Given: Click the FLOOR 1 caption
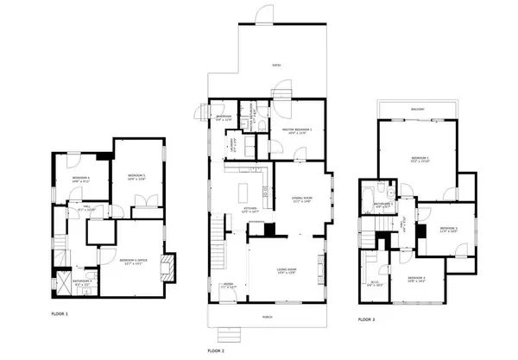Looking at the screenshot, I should tap(60, 313).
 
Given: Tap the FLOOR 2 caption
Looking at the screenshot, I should tap(216, 351).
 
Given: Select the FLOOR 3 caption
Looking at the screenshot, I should tap(367, 319).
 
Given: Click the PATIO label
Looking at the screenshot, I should tap(276, 65).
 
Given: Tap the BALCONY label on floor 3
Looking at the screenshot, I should tap(417, 110).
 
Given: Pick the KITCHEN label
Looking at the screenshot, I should tap(250, 209).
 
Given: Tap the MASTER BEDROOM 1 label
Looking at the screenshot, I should tap(296, 130).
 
